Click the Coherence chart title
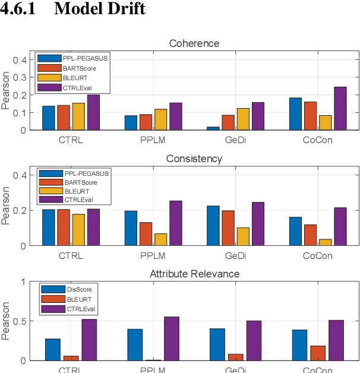pos(194,44)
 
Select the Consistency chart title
pos(194,159)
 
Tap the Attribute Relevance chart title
pos(194,274)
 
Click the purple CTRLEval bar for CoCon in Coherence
pos(340,108)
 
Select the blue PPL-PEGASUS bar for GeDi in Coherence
pos(213,128)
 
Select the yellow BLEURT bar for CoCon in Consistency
pos(325,242)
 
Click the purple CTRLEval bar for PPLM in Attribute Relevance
pos(172,339)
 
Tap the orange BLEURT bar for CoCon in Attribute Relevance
pos(318,353)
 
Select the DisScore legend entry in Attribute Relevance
pos(77,289)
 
